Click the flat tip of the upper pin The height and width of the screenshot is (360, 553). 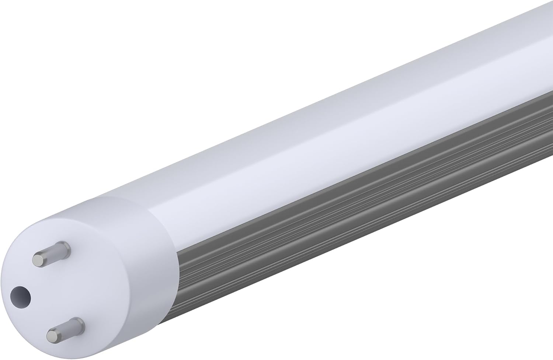[38, 259]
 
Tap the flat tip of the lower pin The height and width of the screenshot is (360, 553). [52, 335]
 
